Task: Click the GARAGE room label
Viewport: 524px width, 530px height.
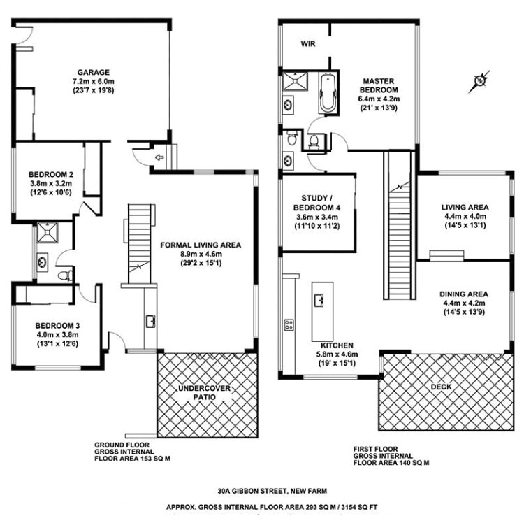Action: (94, 71)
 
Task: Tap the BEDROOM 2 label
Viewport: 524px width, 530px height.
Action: (51, 174)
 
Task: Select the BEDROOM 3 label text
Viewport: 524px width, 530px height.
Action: (54, 324)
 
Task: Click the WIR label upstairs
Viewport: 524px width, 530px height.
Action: (308, 43)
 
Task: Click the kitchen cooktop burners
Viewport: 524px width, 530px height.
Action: (288, 324)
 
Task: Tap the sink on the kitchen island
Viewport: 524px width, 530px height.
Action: (319, 300)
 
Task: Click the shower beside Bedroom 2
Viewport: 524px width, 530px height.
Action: (46, 231)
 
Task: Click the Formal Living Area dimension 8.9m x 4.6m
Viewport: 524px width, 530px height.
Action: (201, 255)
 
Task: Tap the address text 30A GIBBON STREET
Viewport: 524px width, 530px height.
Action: (261, 491)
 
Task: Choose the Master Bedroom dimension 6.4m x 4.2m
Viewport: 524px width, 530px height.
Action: (378, 99)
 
